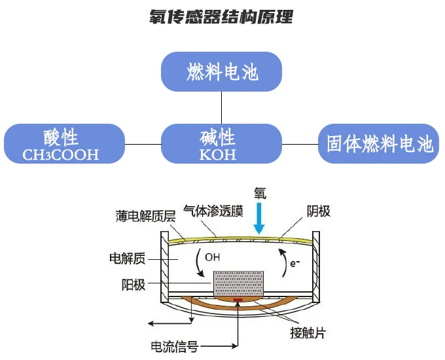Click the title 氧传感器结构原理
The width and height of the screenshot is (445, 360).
coord(221,17)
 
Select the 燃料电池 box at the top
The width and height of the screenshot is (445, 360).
coord(221,71)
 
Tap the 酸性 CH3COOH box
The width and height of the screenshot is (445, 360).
coord(63,143)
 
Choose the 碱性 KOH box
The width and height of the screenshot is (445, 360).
coord(221,143)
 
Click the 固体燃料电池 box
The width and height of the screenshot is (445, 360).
coord(379,143)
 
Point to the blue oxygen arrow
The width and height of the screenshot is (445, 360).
coord(259,219)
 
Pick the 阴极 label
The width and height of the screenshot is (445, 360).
coord(319,211)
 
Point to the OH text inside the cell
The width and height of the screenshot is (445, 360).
coord(212,257)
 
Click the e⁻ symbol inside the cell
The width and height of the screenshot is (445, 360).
coord(295,263)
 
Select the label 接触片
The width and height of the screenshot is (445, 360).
coord(308,333)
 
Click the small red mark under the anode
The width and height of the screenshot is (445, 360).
coord(238,300)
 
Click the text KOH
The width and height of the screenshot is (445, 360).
coord(217,156)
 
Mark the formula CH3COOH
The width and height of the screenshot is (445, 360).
coord(61,156)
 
